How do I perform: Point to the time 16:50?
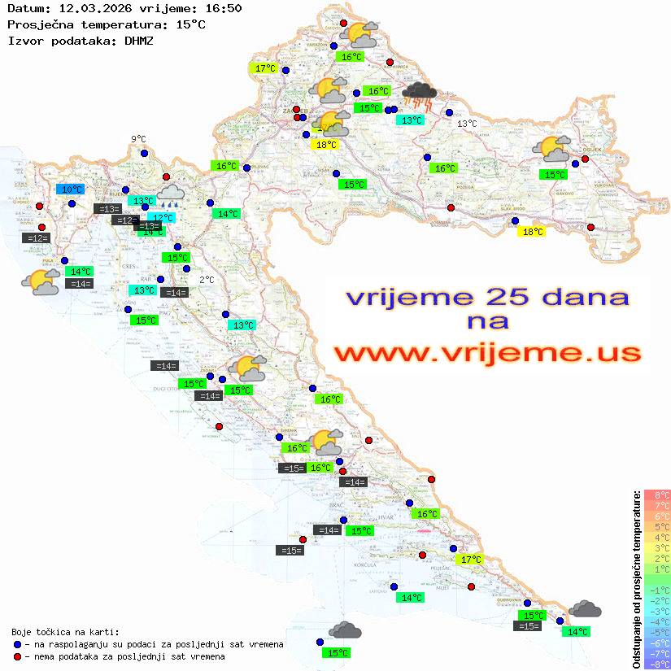(x=223, y=8)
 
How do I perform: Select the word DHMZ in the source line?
(x=139, y=41)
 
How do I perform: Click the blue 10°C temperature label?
(x=72, y=190)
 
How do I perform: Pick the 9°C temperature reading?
(x=138, y=140)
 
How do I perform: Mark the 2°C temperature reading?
(x=207, y=280)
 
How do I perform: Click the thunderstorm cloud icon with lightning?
(x=420, y=95)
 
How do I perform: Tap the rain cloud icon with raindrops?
(x=171, y=195)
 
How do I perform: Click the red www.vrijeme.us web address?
(x=486, y=353)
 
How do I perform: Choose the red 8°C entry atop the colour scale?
(x=657, y=495)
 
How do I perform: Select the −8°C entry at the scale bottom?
(x=657, y=664)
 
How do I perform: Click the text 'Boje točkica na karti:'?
(x=65, y=632)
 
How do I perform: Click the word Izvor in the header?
(x=23, y=41)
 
